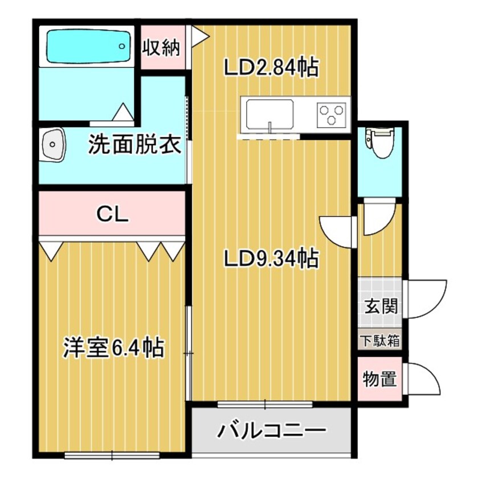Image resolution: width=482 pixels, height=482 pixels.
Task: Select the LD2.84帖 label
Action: [x=271, y=68]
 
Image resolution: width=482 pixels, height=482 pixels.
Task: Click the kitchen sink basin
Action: [x=269, y=113]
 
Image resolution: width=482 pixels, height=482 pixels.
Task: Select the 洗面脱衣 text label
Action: [x=134, y=145]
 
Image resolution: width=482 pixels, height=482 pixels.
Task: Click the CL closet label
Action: [x=113, y=214]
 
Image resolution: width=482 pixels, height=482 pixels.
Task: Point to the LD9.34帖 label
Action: [x=271, y=260]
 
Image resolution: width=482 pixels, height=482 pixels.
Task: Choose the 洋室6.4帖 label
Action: [x=114, y=347]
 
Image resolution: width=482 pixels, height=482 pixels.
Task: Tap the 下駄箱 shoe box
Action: [x=379, y=341]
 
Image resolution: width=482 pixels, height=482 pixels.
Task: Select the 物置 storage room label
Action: [x=380, y=379]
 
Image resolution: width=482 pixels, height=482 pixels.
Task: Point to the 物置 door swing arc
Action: [x=424, y=380]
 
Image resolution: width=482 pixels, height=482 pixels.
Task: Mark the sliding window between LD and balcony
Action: [x=265, y=404]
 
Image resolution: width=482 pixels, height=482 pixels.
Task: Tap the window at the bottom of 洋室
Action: [x=112, y=455]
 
